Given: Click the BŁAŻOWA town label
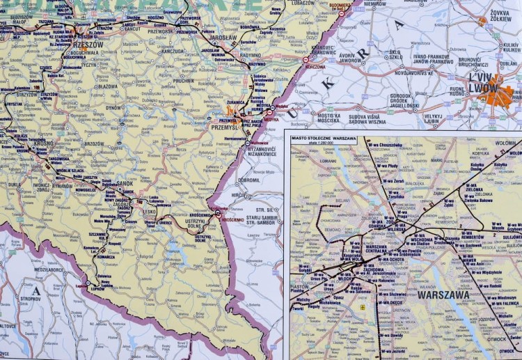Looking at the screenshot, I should click(x=108, y=86).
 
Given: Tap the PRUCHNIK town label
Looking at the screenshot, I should click(x=184, y=81).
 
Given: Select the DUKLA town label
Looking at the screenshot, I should click(x=15, y=185).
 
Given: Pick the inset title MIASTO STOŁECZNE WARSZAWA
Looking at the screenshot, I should click(x=324, y=139).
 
